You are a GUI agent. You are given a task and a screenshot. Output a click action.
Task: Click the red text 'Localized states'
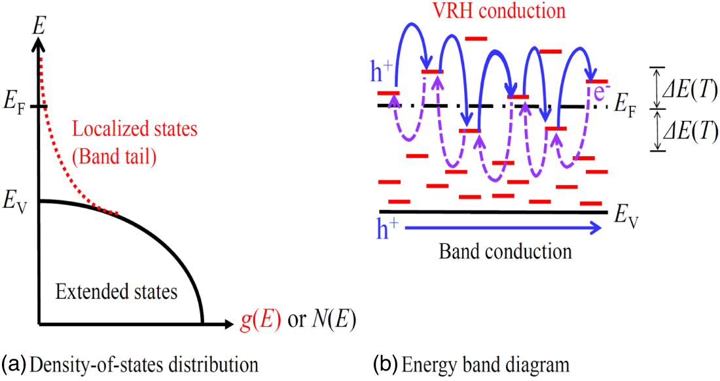[x=134, y=129]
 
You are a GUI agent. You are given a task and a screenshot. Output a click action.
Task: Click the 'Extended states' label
[x=116, y=291]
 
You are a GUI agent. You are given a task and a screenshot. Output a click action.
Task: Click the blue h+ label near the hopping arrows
[x=383, y=73]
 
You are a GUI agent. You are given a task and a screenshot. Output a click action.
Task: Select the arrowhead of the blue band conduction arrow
[x=596, y=227]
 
